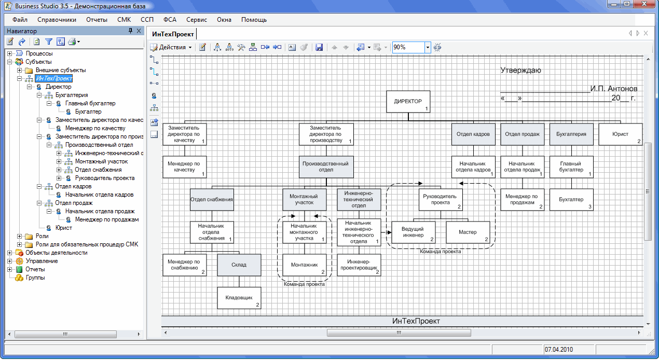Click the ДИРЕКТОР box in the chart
(x=408, y=102)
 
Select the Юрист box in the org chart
(x=621, y=134)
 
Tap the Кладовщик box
(x=239, y=298)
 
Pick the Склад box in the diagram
(x=239, y=265)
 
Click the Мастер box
(x=468, y=232)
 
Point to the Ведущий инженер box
(x=414, y=232)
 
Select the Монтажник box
(x=305, y=265)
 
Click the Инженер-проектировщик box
(x=359, y=265)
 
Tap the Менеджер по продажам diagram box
(x=523, y=199)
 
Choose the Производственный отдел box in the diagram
(x=326, y=167)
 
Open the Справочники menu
(x=57, y=20)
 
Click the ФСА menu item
(x=170, y=20)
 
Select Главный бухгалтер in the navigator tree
(x=90, y=103)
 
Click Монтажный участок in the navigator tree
(x=102, y=161)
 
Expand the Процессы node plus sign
(x=10, y=53)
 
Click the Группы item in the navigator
(x=35, y=278)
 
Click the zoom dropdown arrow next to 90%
(x=428, y=47)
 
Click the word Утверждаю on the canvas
(x=521, y=71)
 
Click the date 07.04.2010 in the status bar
(x=559, y=350)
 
